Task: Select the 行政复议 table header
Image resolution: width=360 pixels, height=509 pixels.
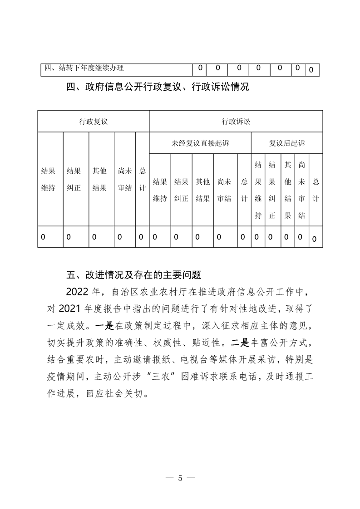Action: point(93,121)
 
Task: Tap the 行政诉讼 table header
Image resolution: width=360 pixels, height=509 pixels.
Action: point(236,121)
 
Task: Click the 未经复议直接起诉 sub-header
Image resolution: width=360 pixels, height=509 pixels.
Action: point(200,143)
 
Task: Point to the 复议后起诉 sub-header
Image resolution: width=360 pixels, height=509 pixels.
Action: point(287,143)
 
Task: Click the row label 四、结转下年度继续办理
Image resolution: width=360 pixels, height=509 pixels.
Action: point(84,69)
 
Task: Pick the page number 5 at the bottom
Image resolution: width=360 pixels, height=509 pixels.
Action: point(180,478)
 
